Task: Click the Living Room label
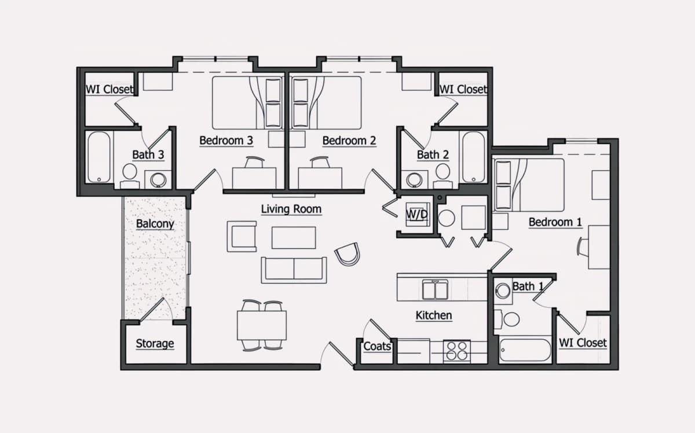[x=291, y=209]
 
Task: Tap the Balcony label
[x=155, y=223]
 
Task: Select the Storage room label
[x=155, y=343]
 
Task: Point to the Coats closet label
[x=377, y=346]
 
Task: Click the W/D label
[x=417, y=214]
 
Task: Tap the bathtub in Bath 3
[x=98, y=157]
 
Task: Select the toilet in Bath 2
[x=442, y=175]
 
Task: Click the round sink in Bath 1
[x=503, y=291]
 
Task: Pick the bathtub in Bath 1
[x=525, y=350]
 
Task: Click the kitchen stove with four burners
[x=457, y=351]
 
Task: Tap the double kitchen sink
[x=435, y=289]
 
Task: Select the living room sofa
[x=294, y=270]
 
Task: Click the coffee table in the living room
[x=294, y=237]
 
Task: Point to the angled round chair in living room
[x=348, y=254]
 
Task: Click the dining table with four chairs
[x=262, y=325]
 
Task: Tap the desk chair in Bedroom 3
[x=255, y=162]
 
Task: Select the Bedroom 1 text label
[x=555, y=222]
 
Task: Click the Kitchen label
[x=434, y=315]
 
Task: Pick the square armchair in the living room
[x=242, y=236]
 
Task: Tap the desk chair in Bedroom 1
[x=583, y=247]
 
